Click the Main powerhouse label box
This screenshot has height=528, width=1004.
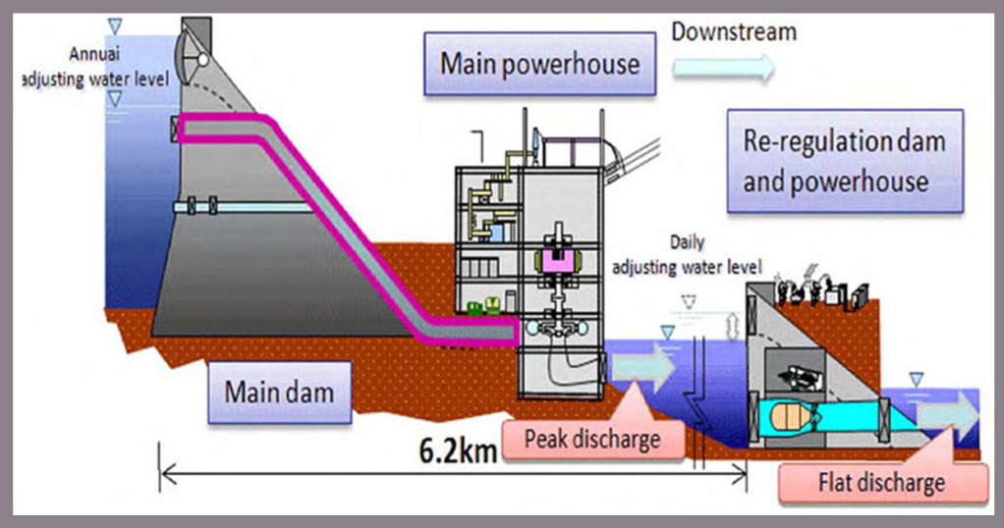539,64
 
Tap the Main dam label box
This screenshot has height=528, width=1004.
280,393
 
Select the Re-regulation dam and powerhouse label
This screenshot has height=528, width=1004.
845,161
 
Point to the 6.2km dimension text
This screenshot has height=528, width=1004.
458,450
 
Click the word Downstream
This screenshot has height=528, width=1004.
734,32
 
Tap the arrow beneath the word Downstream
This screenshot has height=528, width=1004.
724,68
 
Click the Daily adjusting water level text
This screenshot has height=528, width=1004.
687,255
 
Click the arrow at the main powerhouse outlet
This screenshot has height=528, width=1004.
642,367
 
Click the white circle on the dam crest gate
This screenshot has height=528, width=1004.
203,60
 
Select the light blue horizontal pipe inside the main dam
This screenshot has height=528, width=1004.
244,207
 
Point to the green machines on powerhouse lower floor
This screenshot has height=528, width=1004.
483,305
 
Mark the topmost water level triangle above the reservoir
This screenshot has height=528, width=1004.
115,26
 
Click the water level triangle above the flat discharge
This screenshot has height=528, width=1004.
917,380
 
